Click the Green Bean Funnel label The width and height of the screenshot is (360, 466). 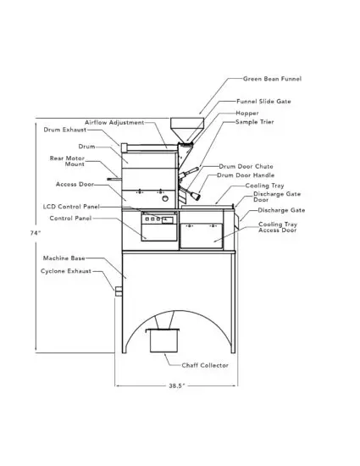[272, 79]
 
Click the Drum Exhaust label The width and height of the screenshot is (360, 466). [64, 130]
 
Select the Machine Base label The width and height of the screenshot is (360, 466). [64, 257]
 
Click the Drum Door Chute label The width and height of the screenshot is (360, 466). [244, 167]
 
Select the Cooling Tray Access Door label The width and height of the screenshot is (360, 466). [279, 227]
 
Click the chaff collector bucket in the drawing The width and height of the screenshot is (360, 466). [163, 341]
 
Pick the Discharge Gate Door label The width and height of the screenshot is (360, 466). [273, 197]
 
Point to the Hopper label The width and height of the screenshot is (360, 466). [247, 113]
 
